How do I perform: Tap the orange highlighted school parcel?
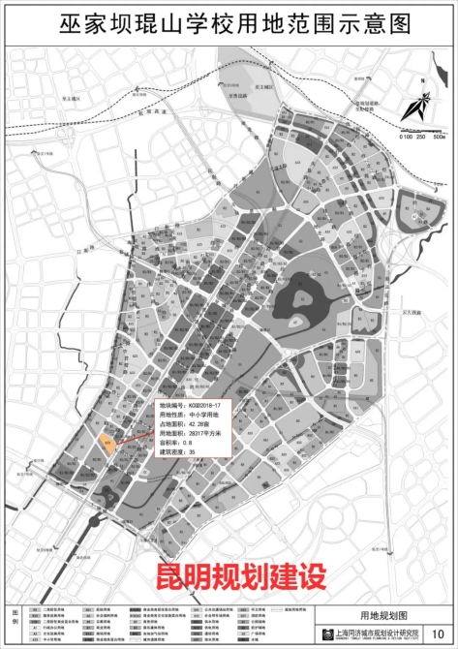tap(107, 445)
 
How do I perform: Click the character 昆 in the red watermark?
tap(169, 575)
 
